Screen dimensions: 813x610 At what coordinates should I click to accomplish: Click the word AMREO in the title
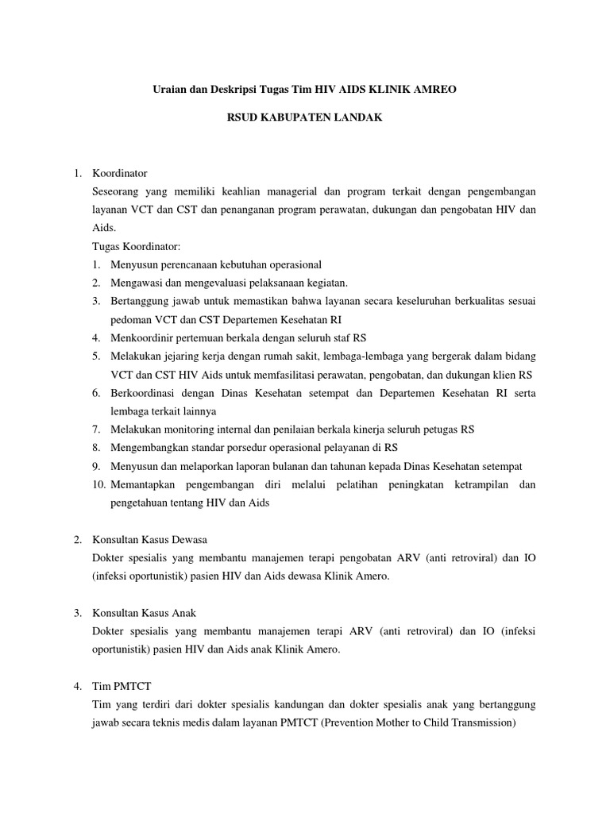click(x=433, y=91)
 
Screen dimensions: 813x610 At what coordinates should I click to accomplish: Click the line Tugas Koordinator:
click(x=137, y=246)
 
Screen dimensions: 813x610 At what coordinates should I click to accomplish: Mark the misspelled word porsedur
click(x=237, y=447)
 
